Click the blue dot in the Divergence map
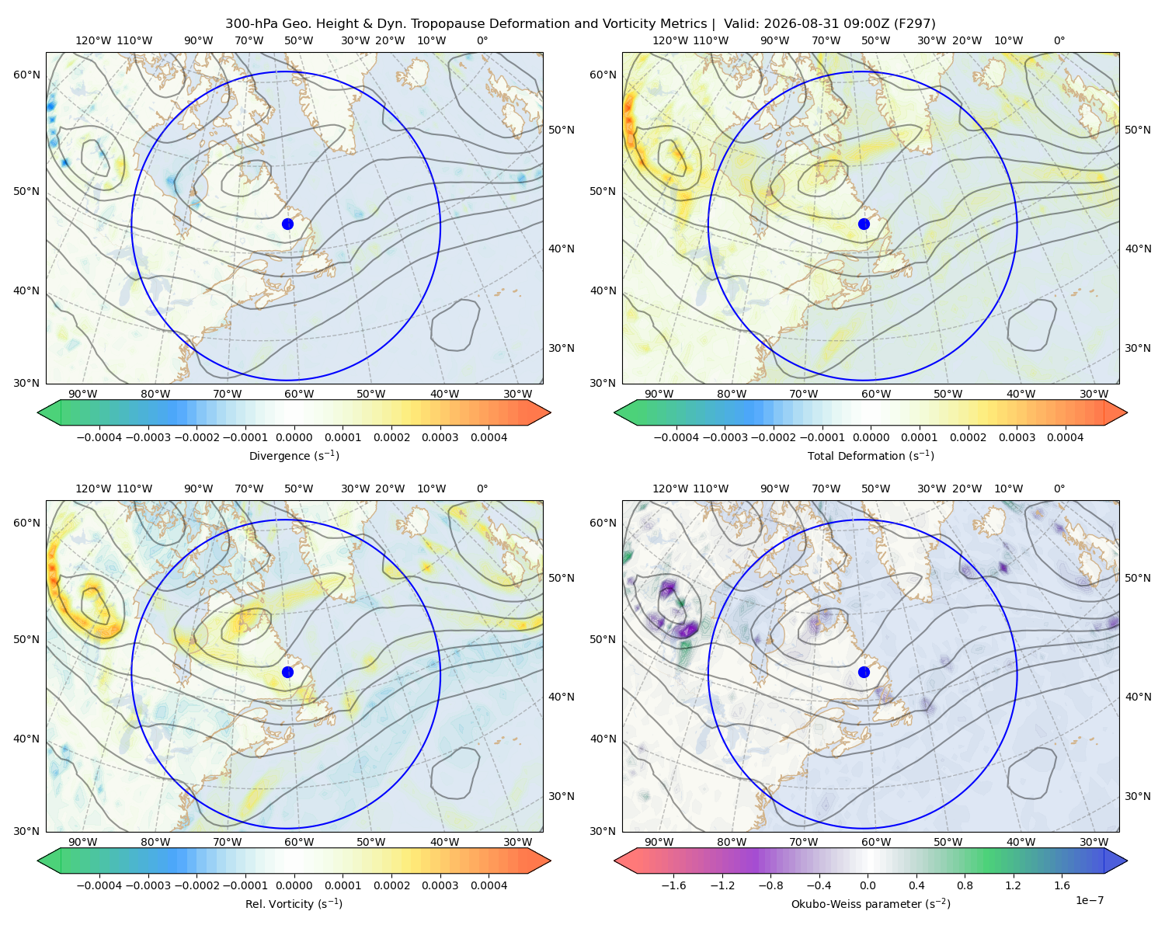287,224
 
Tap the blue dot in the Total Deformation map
864,224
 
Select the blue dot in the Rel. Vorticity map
287,672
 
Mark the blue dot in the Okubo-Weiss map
864,672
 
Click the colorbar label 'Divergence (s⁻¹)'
294,456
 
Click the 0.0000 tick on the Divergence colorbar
294,437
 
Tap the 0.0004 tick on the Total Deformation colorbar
1065,437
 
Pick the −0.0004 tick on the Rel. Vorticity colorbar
99,885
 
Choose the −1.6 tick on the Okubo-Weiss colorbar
673,885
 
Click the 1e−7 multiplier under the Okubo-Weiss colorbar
1089,900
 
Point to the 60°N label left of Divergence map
26,75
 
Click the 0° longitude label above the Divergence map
482,40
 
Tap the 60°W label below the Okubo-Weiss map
876,842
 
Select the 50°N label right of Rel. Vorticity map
562,578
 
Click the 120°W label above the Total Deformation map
670,40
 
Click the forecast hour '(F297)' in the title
915,24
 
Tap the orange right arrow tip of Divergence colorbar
551,412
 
